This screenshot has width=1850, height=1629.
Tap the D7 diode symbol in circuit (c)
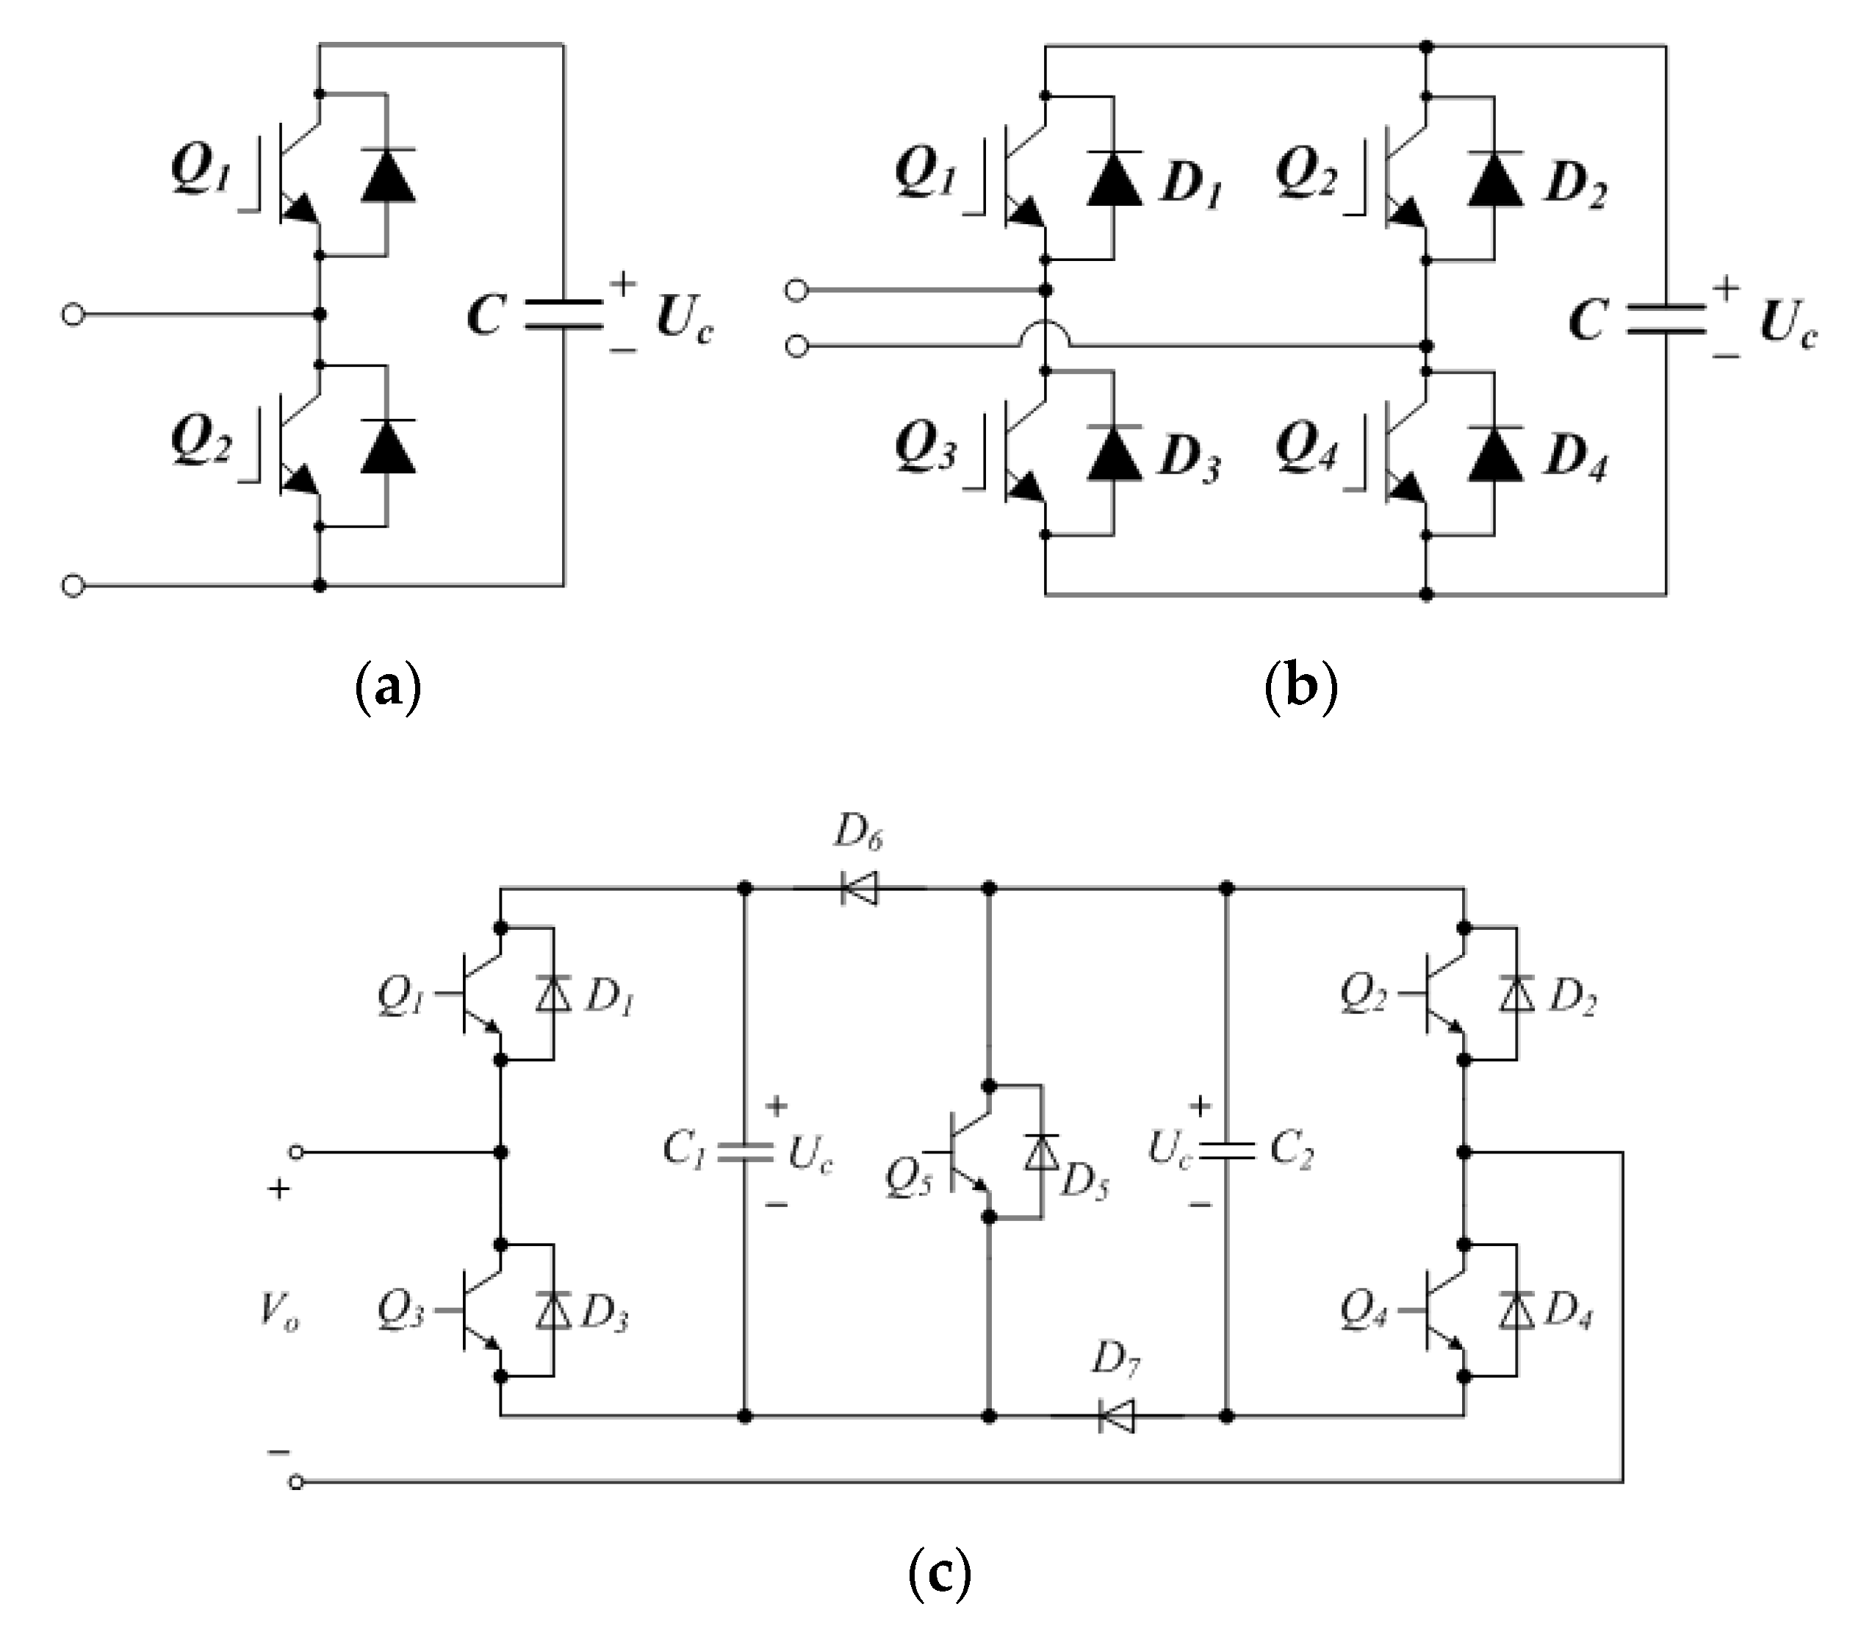[1117, 1417]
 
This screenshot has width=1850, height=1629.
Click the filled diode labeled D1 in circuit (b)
[1114, 179]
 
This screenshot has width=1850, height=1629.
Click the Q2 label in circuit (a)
[201, 441]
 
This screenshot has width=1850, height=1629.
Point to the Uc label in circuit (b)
[1787, 323]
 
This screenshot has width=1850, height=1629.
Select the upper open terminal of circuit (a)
[73, 315]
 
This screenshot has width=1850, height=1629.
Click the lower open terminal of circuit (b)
[796, 347]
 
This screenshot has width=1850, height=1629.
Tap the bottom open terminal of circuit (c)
[296, 1481]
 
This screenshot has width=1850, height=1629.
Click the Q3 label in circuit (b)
[925, 446]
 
